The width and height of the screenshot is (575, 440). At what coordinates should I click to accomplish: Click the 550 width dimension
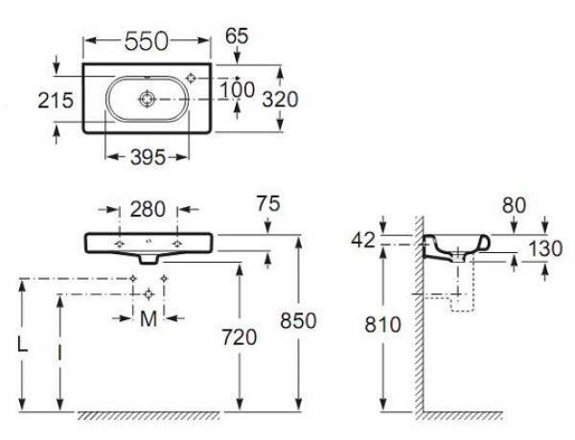click(147, 41)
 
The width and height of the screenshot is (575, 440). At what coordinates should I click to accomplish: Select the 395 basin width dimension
click(149, 157)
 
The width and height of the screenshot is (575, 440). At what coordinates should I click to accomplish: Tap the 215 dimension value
click(56, 101)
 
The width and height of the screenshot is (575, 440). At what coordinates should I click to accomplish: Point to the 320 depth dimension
click(280, 100)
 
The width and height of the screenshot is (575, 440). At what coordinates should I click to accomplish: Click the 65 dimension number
click(237, 35)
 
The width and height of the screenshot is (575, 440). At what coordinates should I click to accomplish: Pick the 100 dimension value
click(237, 90)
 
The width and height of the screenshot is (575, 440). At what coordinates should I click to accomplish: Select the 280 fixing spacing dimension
click(148, 210)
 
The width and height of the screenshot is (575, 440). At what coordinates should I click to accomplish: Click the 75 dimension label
click(268, 203)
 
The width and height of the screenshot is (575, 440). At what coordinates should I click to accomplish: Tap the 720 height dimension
click(239, 337)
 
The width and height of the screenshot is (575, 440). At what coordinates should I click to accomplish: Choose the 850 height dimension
click(298, 321)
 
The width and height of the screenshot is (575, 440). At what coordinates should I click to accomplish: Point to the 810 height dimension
click(382, 325)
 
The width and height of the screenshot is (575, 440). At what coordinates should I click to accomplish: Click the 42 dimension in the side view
click(363, 241)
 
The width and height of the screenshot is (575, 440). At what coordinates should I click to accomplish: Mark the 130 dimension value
click(545, 249)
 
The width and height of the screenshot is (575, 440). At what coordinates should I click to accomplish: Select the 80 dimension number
click(514, 205)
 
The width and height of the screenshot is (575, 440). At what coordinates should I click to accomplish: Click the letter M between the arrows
click(149, 319)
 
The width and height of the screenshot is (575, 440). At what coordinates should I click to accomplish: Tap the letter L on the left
click(23, 345)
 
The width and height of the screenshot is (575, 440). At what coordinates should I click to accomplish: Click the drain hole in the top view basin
click(148, 99)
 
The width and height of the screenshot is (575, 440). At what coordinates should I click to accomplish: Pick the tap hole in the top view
click(191, 78)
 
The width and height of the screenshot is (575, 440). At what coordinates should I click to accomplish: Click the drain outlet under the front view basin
click(149, 259)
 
